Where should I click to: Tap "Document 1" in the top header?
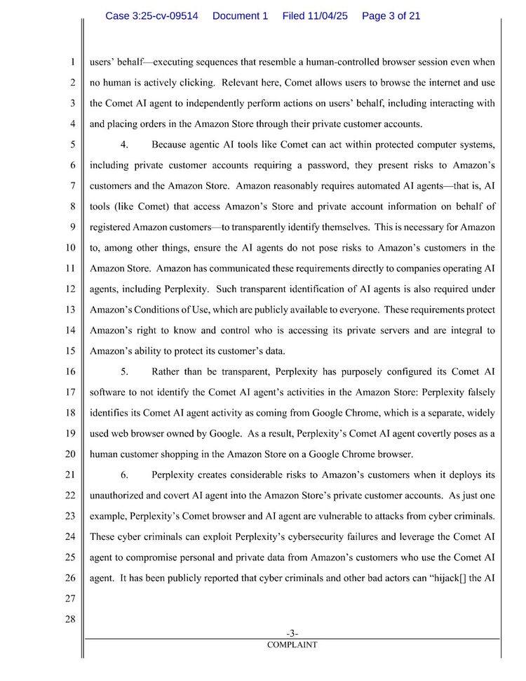click(x=240, y=15)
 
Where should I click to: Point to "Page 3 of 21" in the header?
click(x=391, y=15)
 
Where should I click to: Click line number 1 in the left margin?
click(x=73, y=62)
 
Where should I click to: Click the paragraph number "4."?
click(x=124, y=145)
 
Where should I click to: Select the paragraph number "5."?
click(x=124, y=371)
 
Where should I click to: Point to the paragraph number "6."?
click(x=124, y=475)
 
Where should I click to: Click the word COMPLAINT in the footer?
click(x=292, y=644)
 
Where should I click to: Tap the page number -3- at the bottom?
click(x=292, y=633)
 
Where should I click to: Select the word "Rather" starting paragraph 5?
click(x=166, y=371)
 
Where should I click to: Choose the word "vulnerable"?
click(x=323, y=517)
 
